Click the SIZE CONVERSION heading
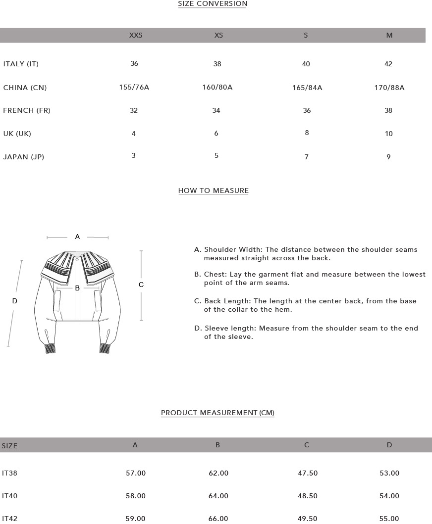(213, 4)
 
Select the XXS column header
(136, 36)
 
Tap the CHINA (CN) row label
(25, 88)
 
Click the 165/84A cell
(307, 88)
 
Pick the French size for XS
(216, 110)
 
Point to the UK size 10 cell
(389, 134)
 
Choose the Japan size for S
(307, 157)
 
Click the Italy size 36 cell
(134, 64)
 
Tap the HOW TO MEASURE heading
(214, 191)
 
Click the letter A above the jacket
(77, 237)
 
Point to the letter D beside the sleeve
(15, 301)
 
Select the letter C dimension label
(141, 285)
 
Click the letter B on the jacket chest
(77, 288)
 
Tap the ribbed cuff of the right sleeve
(105, 348)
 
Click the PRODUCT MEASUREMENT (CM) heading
(217, 413)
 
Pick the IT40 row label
(9, 496)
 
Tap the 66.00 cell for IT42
(218, 519)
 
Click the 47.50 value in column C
(308, 473)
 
